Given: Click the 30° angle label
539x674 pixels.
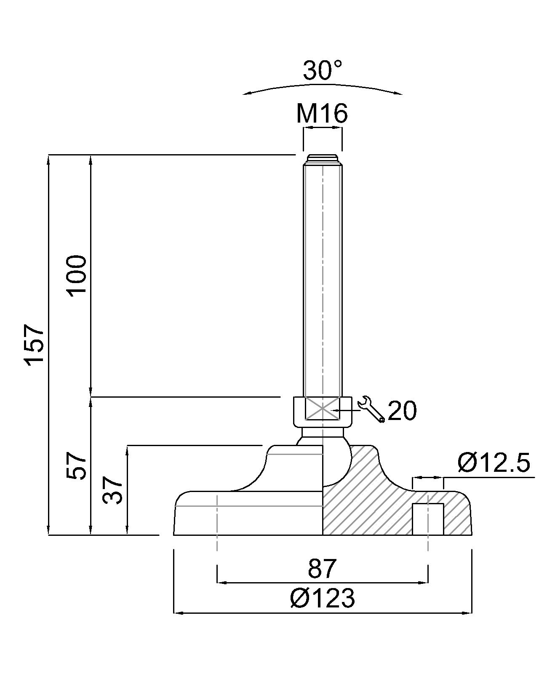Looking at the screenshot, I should pyautogui.click(x=323, y=70).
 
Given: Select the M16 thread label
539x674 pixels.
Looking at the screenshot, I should pyautogui.click(x=322, y=113).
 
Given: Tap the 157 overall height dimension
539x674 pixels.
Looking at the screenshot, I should pyautogui.click(x=35, y=345).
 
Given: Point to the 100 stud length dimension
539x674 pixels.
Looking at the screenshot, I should pyautogui.click(x=77, y=276).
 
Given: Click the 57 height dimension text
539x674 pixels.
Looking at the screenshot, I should pyautogui.click(x=77, y=465).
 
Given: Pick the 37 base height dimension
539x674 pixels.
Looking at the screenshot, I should pyautogui.click(x=113, y=490).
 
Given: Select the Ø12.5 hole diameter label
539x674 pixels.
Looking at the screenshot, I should pyautogui.click(x=493, y=463).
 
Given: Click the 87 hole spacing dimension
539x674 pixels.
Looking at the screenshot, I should pyautogui.click(x=323, y=568).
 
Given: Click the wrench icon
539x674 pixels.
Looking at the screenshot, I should pyautogui.click(x=371, y=409).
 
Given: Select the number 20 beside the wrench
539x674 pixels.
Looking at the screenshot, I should pyautogui.click(x=402, y=410).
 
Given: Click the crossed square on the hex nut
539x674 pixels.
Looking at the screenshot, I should pyautogui.click(x=322, y=408).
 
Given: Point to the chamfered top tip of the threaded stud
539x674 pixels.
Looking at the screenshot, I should pyautogui.click(x=322, y=159).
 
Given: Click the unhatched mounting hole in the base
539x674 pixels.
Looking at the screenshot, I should pyautogui.click(x=428, y=519).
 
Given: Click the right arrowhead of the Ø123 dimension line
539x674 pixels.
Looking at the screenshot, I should pyautogui.click(x=469, y=612).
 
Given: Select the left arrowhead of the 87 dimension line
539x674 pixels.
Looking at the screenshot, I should pyautogui.click(x=220, y=583).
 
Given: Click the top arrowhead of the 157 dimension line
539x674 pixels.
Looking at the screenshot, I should pyautogui.click(x=48, y=158).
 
